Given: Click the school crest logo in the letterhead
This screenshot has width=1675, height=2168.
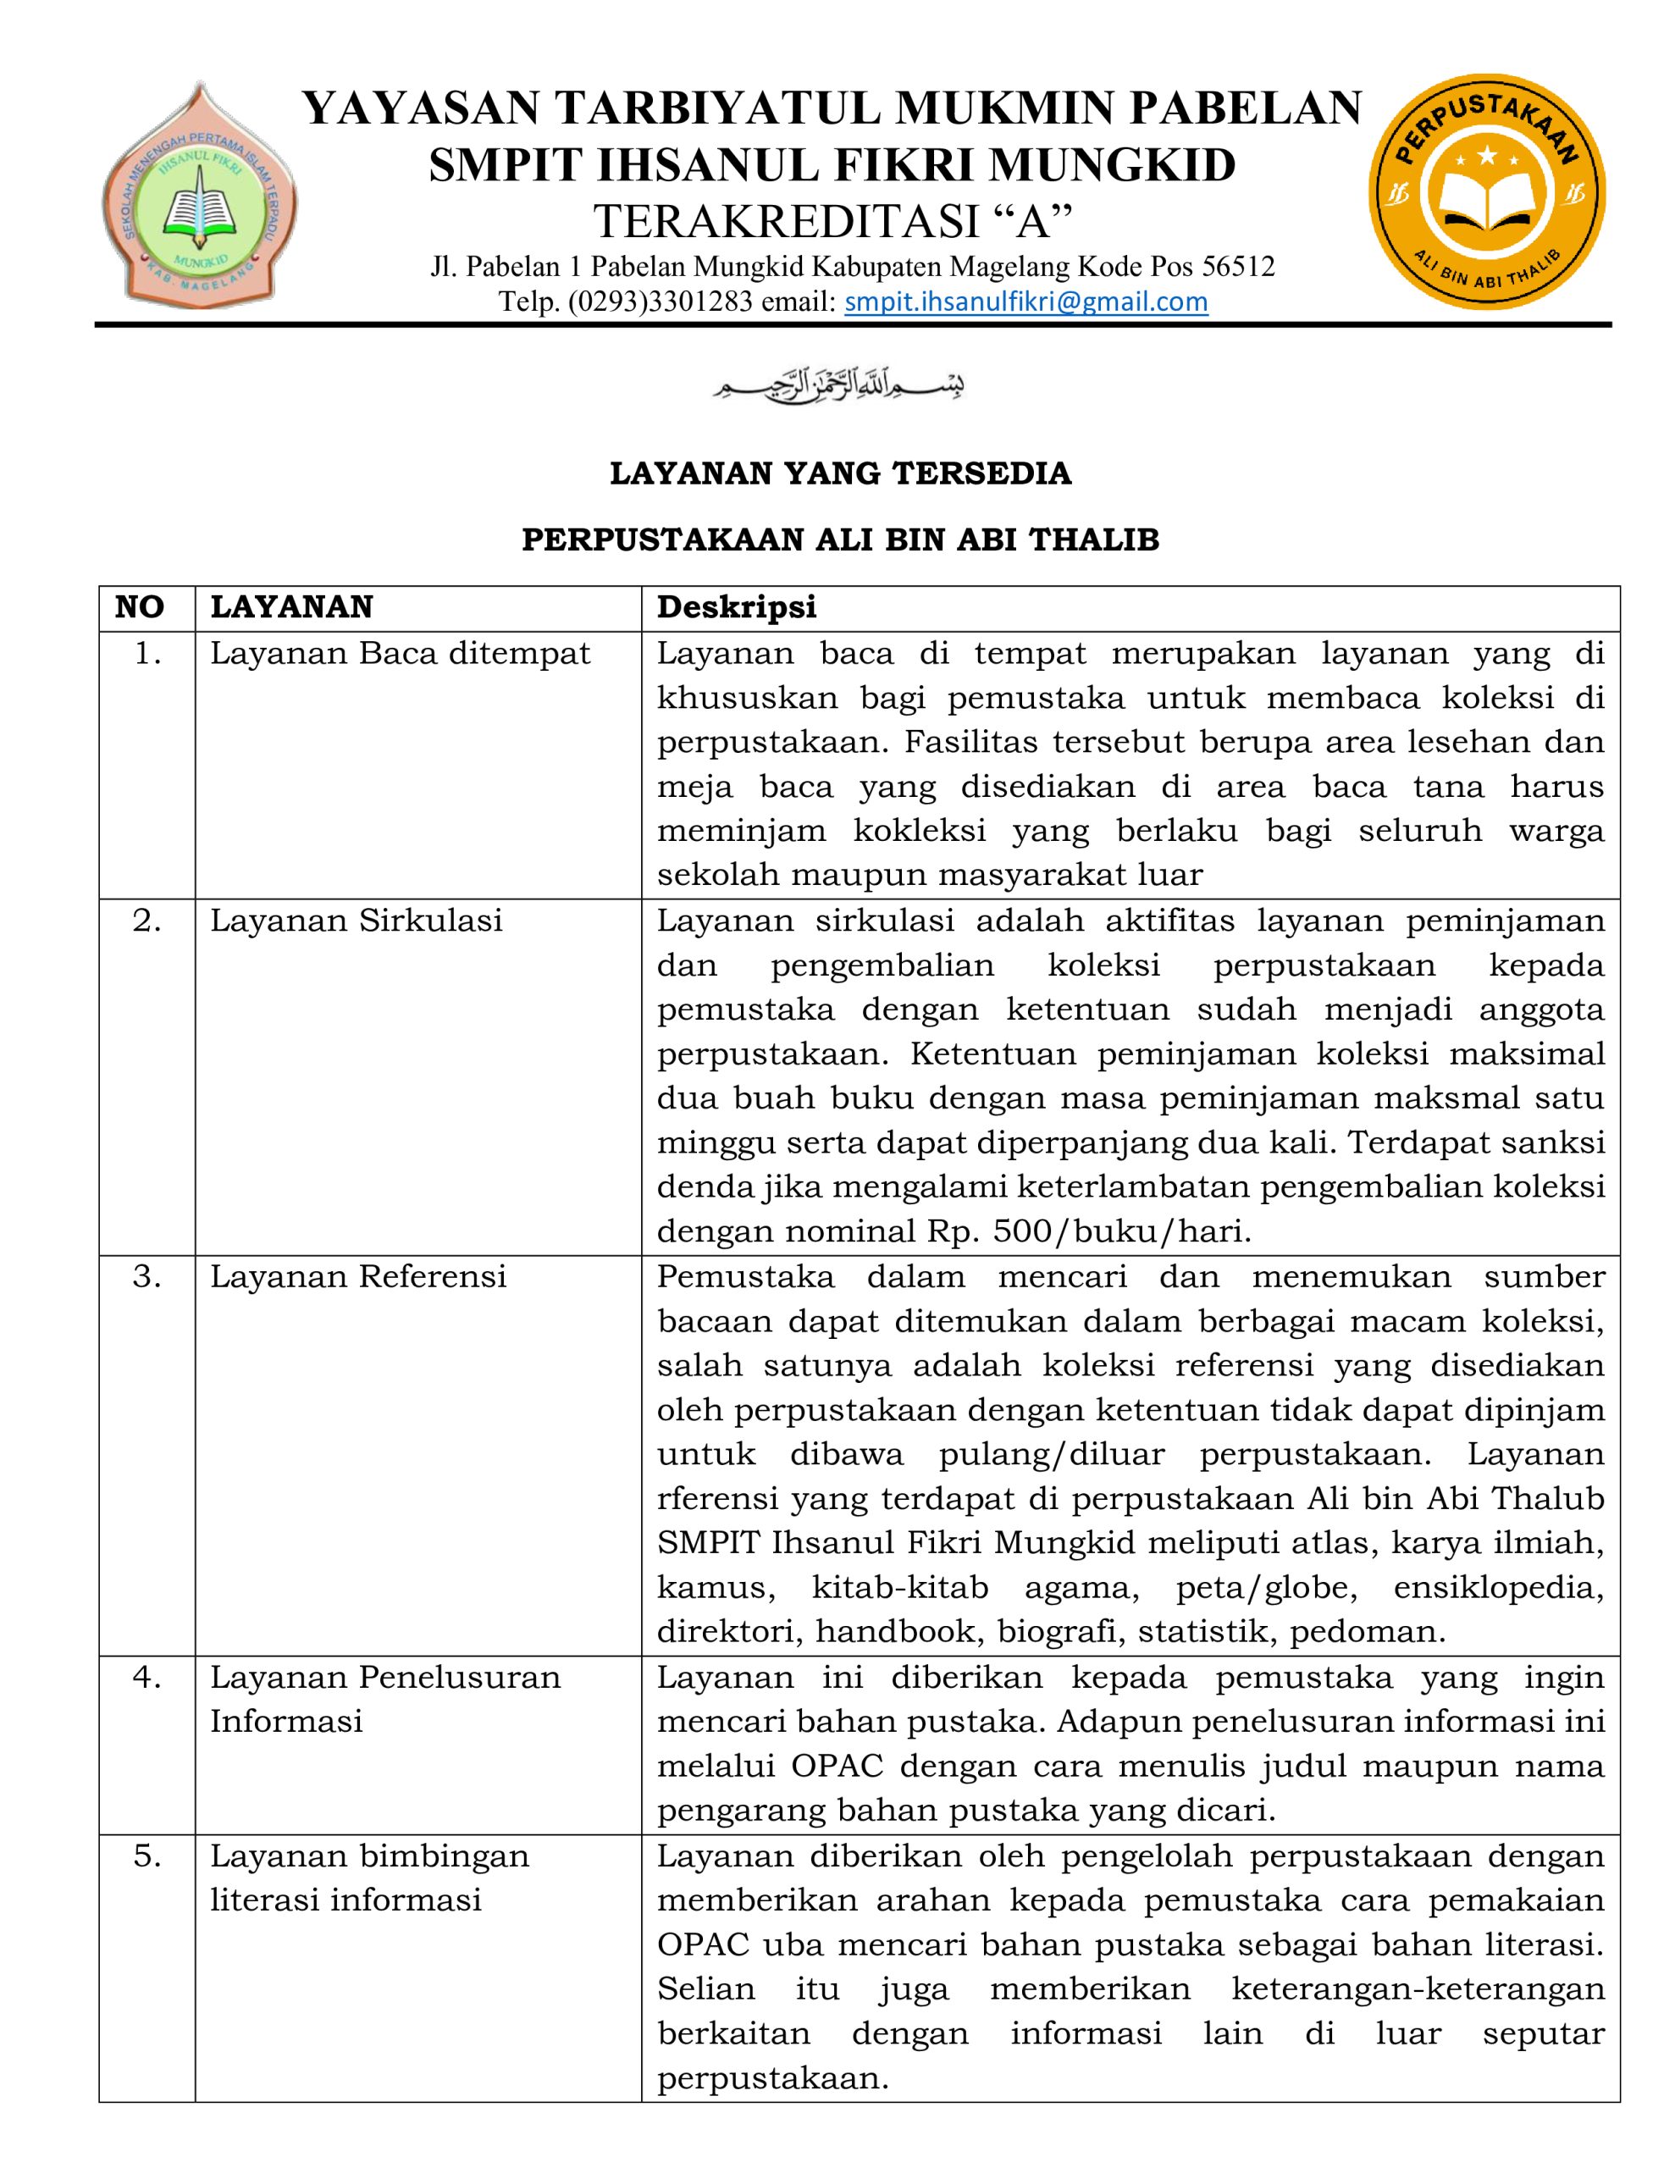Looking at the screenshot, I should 200,195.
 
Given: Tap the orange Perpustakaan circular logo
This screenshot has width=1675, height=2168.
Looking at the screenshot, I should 1486,191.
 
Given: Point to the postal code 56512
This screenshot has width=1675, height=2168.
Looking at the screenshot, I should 1238,267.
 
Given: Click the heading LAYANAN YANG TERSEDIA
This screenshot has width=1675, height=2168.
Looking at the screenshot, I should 840,473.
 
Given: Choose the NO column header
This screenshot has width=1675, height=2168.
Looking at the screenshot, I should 139,606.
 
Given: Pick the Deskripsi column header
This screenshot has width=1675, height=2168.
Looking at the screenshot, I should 736,606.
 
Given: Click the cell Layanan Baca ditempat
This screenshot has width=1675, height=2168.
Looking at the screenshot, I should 401,653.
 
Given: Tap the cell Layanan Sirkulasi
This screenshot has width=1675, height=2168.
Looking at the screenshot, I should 357,921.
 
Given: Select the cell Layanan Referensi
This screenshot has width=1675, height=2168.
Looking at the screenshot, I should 358,1276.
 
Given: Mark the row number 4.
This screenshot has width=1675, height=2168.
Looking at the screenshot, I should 147,1678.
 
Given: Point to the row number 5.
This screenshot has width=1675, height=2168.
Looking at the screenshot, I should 147,1856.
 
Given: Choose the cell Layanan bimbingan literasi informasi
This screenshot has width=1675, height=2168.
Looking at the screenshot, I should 369,1878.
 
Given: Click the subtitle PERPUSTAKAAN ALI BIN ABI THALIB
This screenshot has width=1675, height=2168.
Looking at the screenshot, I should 840,540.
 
